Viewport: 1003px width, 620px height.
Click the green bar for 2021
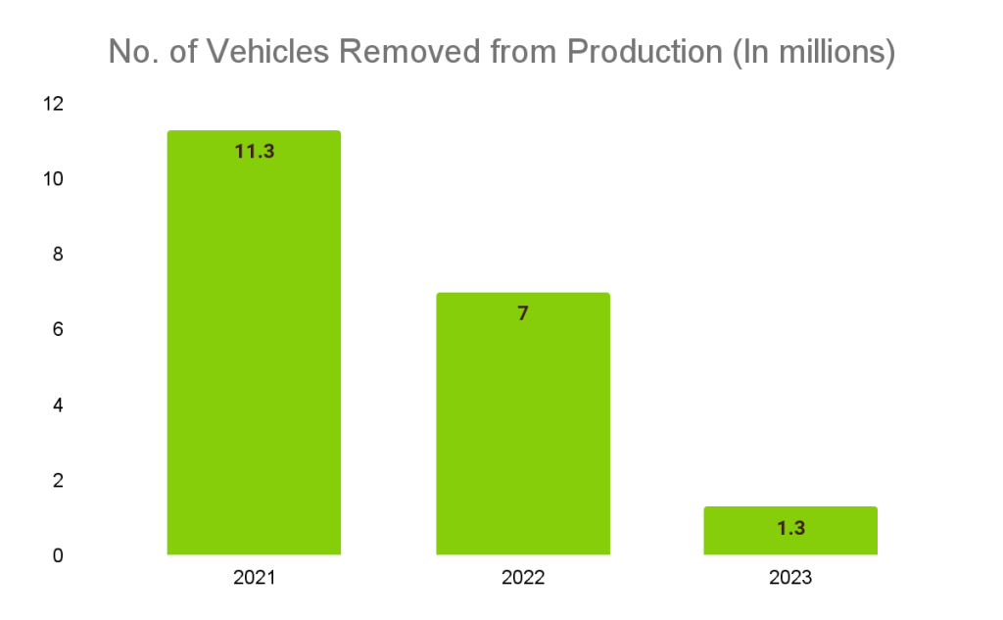click(x=254, y=343)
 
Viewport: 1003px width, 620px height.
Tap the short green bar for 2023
click(x=790, y=530)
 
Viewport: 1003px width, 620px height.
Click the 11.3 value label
click(x=255, y=152)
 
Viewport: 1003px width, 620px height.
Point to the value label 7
click(x=523, y=314)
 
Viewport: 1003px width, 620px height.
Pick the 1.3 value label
click(x=790, y=529)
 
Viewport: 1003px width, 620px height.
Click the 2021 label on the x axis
click(x=255, y=578)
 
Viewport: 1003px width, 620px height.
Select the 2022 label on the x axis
click(x=523, y=578)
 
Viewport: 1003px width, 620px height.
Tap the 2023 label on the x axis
click(x=790, y=578)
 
